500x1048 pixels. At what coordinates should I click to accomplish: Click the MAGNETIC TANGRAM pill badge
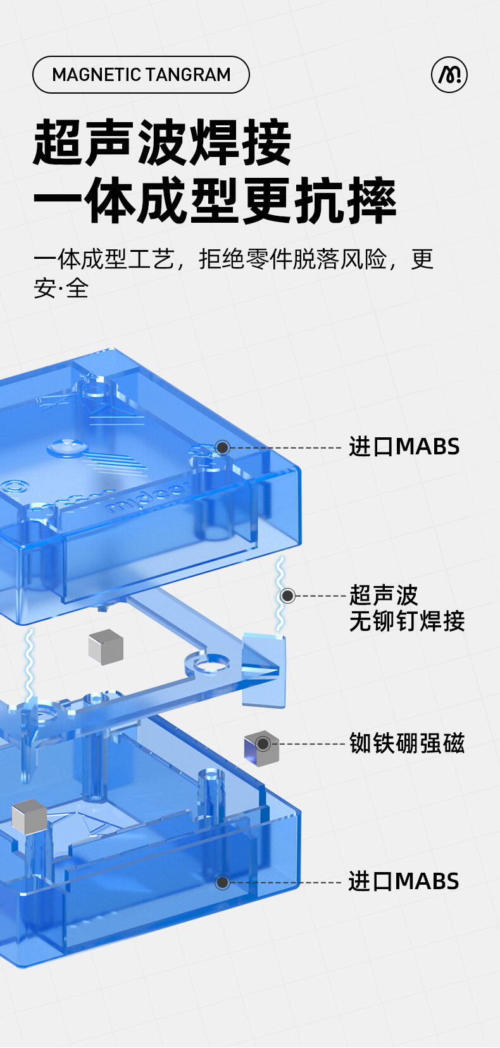click(x=141, y=75)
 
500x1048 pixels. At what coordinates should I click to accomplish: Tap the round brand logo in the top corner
click(x=449, y=75)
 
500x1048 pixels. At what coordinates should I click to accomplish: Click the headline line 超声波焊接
click(x=162, y=142)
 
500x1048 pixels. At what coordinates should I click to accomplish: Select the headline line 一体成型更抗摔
click(x=215, y=201)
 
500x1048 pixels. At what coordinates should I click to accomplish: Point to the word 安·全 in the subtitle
click(x=61, y=289)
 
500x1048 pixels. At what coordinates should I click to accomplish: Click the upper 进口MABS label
click(x=404, y=447)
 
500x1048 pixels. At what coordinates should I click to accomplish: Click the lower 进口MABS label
click(x=403, y=881)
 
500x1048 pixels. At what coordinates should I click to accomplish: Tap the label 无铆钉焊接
click(x=407, y=621)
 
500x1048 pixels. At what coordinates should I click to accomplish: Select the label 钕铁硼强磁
click(x=407, y=743)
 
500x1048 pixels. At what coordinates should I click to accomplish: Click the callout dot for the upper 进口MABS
click(x=222, y=447)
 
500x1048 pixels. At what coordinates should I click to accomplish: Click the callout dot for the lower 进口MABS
click(x=222, y=882)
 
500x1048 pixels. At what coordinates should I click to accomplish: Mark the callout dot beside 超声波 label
click(x=287, y=596)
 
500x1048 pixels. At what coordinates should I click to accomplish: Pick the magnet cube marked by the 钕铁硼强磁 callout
click(x=261, y=748)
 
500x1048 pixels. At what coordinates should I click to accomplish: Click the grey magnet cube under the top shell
click(x=105, y=646)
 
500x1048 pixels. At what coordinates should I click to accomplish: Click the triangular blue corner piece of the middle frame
click(x=263, y=670)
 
